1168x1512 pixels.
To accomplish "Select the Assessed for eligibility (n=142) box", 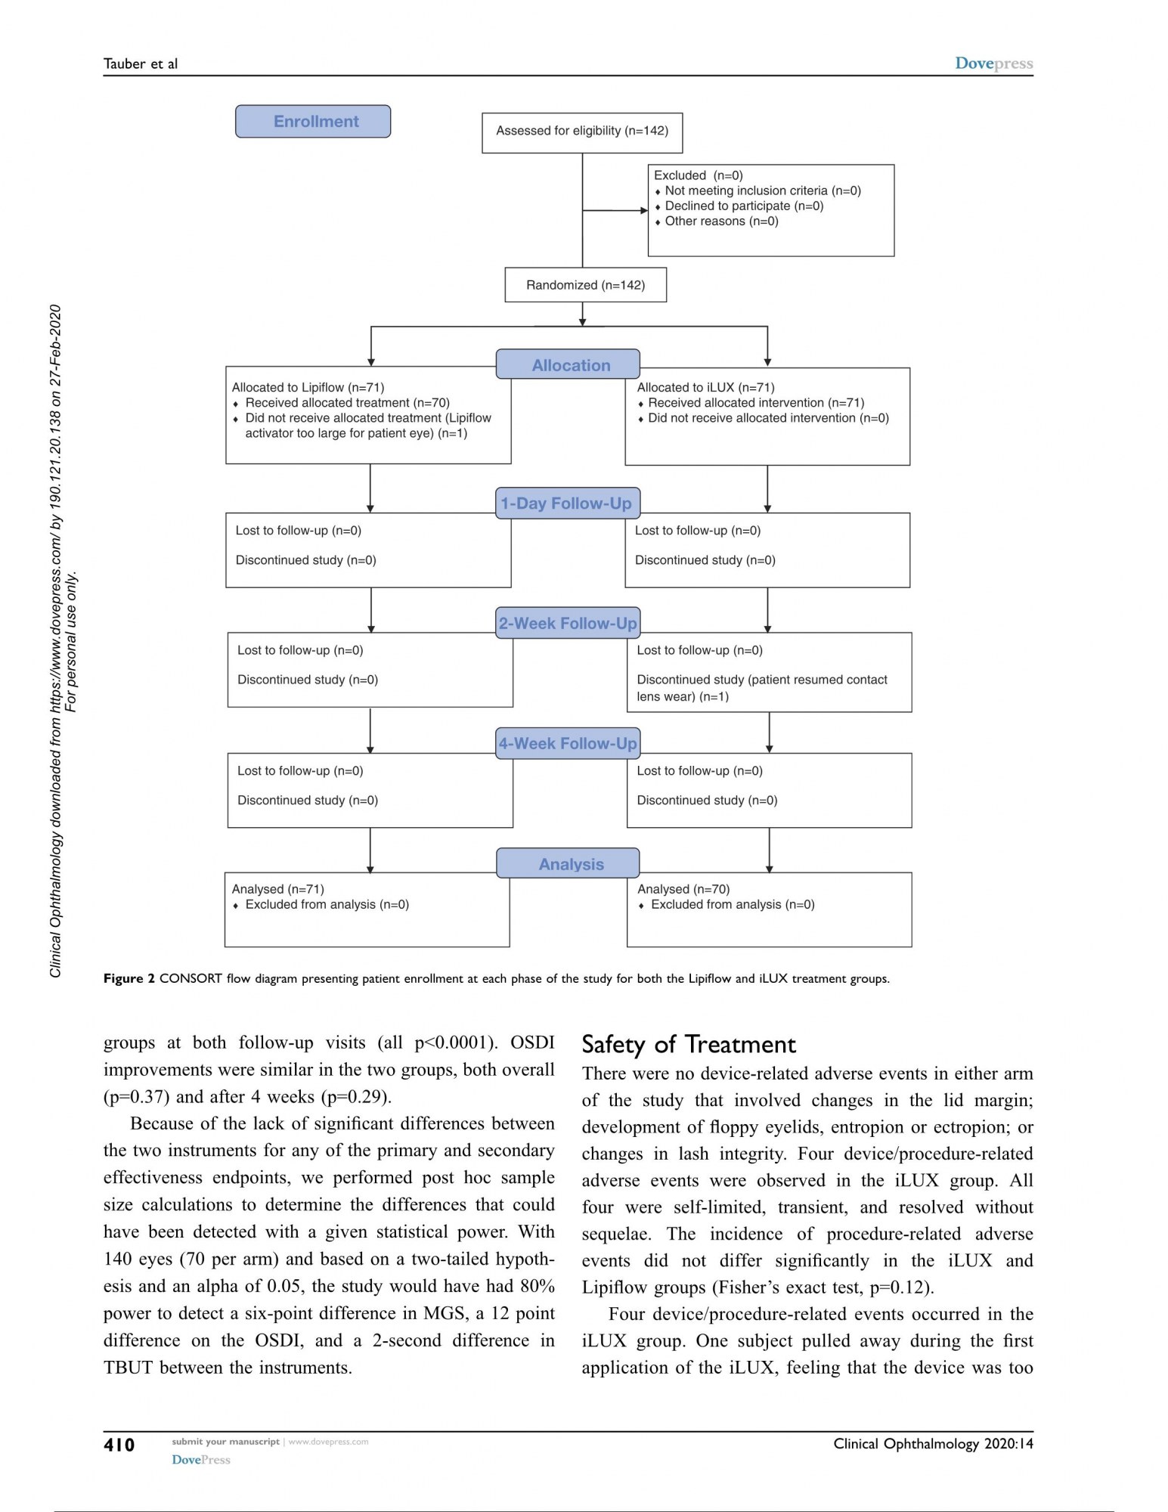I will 581,132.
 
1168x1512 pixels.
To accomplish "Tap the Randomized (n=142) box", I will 585,285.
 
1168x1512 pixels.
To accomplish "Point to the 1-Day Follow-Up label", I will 567,503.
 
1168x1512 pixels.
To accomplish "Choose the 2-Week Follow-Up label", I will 567,624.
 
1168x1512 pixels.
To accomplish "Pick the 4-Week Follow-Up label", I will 567,744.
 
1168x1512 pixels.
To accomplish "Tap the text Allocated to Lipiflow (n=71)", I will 308,388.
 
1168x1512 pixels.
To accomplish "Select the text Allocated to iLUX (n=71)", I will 705,388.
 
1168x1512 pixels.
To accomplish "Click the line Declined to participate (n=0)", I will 744,206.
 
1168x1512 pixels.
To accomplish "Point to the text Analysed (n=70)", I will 683,890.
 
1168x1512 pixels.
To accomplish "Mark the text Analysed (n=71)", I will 277,890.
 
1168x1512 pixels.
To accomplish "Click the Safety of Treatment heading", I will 689,1045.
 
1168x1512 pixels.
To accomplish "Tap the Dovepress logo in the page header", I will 993,64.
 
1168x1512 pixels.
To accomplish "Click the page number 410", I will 119,1445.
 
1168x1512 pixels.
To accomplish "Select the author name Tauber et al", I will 141,64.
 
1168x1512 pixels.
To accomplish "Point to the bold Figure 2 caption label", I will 129,979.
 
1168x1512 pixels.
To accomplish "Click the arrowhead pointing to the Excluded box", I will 643,211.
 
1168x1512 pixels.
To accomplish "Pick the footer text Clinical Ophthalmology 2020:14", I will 933,1444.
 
